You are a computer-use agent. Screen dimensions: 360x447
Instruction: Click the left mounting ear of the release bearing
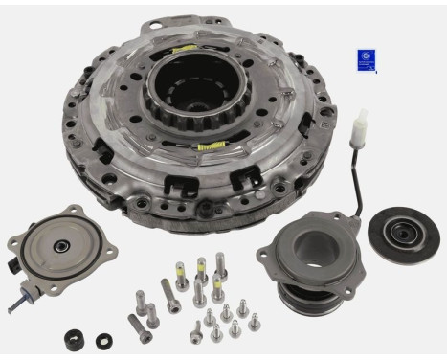click(267, 252)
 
